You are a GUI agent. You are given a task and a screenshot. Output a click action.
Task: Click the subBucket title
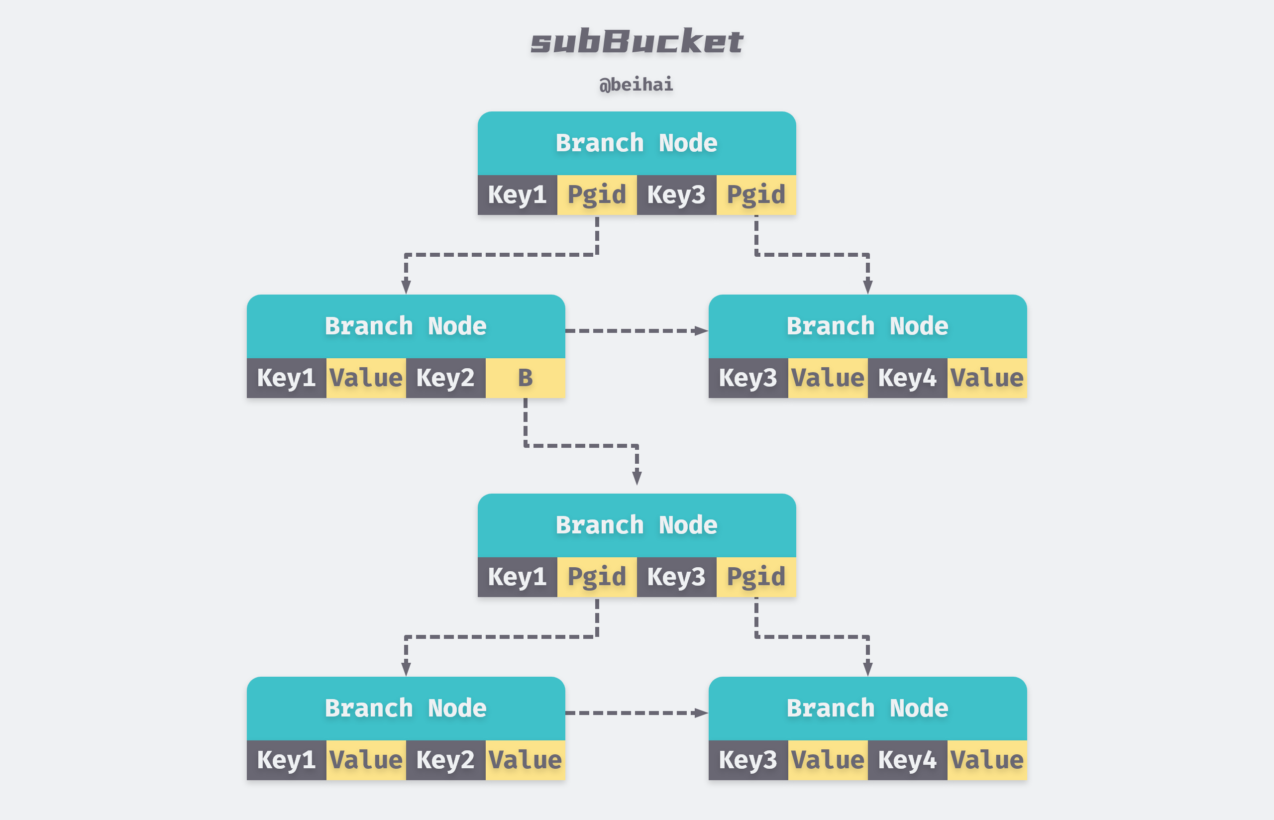(637, 41)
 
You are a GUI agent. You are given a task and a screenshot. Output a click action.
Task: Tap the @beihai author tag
(636, 85)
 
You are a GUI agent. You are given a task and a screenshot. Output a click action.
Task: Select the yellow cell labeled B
(525, 378)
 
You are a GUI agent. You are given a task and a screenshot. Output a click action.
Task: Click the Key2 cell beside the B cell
(445, 378)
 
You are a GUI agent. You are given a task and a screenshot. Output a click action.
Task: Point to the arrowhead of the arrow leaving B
(637, 478)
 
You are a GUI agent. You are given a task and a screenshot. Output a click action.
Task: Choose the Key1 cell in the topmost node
(517, 195)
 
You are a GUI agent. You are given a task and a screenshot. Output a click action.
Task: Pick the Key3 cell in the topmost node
(676, 195)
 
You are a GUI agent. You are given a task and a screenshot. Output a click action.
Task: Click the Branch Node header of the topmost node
(637, 143)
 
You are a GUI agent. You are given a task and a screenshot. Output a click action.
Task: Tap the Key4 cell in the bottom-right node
(907, 760)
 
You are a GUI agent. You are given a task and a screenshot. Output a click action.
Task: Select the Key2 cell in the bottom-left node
(445, 760)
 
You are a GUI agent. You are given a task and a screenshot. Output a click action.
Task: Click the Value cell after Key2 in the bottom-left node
(525, 760)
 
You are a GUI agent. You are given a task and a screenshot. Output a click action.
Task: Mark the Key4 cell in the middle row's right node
(907, 378)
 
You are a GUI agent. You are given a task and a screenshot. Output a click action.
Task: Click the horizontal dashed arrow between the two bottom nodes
(637, 713)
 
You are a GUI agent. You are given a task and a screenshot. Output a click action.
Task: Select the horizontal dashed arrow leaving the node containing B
(637, 331)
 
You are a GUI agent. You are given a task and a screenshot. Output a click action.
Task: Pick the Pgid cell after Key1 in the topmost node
(597, 195)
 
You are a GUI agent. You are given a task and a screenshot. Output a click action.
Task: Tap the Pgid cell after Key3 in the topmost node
(756, 195)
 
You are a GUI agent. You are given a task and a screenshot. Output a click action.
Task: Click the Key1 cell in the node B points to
(517, 577)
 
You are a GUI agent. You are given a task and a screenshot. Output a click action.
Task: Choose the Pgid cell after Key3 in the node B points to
(756, 577)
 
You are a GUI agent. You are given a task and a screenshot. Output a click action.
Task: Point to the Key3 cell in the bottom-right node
(748, 760)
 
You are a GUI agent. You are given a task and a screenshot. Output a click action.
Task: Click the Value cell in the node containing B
(366, 378)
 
